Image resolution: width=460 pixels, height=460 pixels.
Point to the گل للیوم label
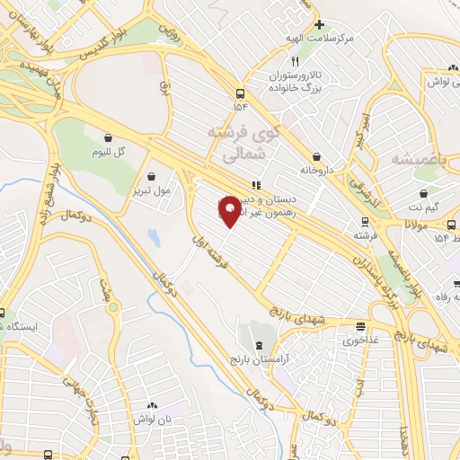coord(109,152)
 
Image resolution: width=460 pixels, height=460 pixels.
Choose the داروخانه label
coord(318,169)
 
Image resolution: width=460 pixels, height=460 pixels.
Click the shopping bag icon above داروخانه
coord(317,155)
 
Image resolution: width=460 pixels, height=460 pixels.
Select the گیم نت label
coord(423,207)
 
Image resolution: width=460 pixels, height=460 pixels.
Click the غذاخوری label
coord(361,341)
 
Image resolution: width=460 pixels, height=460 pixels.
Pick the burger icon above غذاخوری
coord(360,327)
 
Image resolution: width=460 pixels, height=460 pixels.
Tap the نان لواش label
coord(151,420)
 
